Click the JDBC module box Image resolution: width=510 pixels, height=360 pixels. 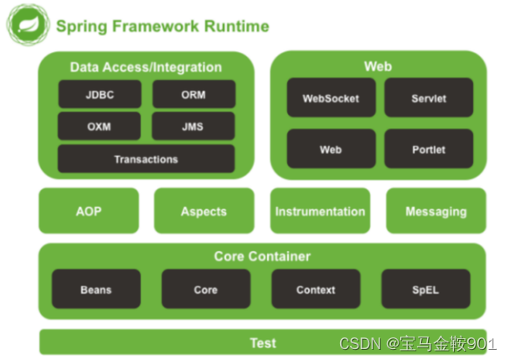99,95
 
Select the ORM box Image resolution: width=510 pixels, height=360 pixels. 193,95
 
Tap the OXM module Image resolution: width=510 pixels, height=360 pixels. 99,126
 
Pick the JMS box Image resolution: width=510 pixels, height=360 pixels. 193,126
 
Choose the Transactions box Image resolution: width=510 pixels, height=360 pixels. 146,158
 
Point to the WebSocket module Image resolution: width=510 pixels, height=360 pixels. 330,98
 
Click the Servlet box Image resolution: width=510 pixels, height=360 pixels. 429,98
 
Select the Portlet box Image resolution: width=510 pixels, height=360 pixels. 429,149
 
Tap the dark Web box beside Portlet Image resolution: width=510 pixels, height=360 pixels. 330,149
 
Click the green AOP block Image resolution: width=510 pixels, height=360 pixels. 88,211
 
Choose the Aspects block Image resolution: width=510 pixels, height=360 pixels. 203,211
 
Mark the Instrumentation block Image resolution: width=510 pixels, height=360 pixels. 320,211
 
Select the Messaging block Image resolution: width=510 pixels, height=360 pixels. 435,211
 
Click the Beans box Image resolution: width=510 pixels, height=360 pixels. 95,290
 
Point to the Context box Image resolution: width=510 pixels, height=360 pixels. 316,290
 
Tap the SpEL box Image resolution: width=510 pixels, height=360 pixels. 425,290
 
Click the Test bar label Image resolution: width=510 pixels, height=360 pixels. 262,342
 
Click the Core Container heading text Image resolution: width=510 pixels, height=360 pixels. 262,256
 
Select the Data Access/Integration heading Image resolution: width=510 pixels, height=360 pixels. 146,67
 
